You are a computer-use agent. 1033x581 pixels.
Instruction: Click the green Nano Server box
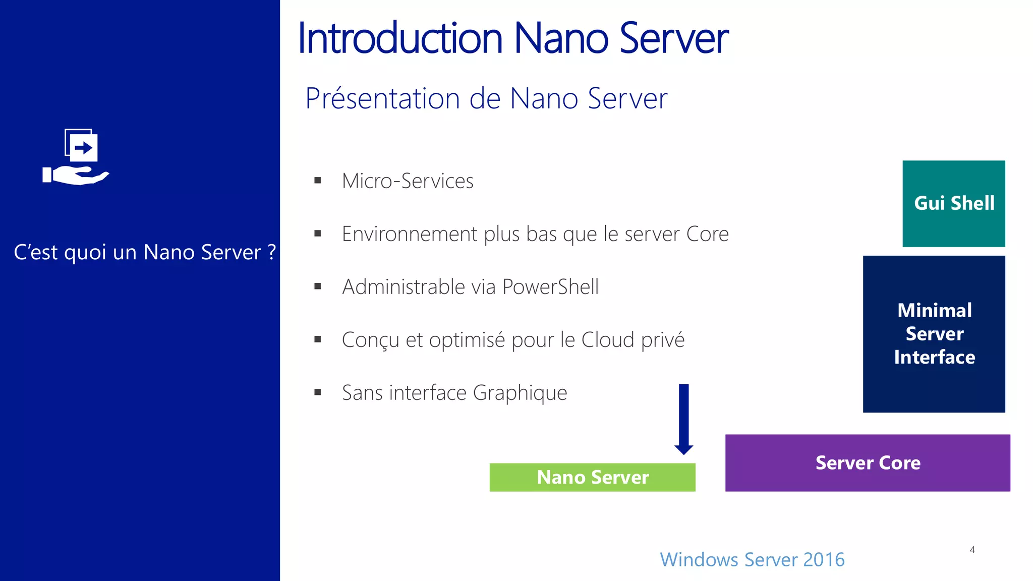point(592,477)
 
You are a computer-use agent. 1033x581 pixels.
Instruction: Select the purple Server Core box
point(868,462)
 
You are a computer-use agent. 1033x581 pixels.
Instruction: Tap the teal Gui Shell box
point(953,203)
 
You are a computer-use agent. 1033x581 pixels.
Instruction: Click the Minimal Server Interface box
point(934,334)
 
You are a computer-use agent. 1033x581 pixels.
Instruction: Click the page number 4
point(972,550)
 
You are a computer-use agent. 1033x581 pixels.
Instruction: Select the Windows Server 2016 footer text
point(752,559)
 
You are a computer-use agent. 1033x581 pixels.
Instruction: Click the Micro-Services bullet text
point(408,181)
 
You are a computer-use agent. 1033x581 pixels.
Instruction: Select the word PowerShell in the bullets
point(550,287)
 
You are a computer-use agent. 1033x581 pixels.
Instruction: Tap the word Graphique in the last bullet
point(520,393)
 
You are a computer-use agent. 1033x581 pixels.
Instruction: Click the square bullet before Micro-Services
point(317,181)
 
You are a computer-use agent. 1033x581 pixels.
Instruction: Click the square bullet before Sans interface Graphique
point(317,392)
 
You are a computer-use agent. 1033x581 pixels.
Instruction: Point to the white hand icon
point(76,176)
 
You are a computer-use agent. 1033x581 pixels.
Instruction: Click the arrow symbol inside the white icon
point(84,148)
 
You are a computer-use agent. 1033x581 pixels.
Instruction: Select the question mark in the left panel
point(272,252)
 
